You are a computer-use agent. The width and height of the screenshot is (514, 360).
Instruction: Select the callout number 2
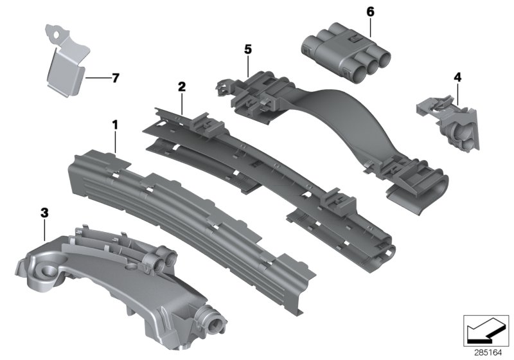tap(182, 86)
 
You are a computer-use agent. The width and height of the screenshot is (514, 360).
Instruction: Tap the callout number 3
tap(44, 212)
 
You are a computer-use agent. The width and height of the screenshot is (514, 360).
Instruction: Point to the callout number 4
tap(457, 76)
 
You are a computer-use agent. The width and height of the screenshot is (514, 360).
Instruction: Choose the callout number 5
tap(247, 48)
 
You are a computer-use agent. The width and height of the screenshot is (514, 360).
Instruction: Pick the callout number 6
tap(369, 12)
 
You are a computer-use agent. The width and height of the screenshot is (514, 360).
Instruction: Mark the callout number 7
tap(115, 78)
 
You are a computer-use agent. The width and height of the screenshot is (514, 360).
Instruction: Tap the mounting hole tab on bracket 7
tap(57, 30)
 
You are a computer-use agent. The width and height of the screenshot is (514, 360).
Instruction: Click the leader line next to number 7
tap(96, 78)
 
